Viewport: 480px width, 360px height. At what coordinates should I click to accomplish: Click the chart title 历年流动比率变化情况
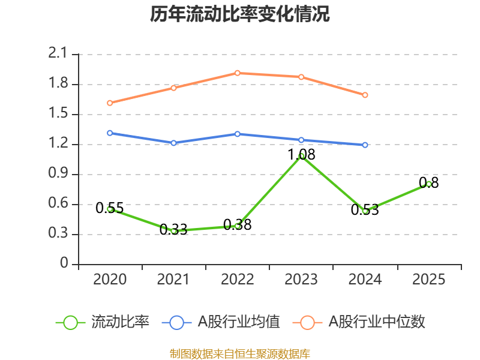coord(240,14)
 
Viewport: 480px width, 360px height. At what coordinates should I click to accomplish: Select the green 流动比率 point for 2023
coord(301,156)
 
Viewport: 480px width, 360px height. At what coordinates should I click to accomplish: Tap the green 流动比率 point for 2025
coord(429,184)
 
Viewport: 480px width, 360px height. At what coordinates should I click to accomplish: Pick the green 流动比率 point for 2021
coord(174,231)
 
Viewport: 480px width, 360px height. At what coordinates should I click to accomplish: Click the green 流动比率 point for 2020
coord(110,209)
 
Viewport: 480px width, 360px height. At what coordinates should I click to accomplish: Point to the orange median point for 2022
coord(238,73)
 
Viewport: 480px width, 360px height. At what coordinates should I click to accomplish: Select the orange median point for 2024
coord(365,95)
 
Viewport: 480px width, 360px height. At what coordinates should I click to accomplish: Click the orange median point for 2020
coord(110,103)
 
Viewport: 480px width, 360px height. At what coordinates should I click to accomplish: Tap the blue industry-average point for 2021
coord(174,143)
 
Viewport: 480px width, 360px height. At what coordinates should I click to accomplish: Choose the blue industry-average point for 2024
coord(365,145)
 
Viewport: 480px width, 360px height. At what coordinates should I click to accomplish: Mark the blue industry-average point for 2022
coord(238,134)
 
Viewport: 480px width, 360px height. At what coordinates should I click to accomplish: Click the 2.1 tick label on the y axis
coord(59,54)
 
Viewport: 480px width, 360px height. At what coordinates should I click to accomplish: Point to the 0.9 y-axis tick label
coord(59,174)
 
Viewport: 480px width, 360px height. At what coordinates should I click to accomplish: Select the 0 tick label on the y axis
coord(65,264)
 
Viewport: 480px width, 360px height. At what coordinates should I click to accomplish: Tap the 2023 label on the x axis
coord(301,279)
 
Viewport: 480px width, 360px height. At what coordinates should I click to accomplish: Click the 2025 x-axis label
coord(429,279)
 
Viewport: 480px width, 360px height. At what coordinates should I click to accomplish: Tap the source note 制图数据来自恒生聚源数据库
coord(240,353)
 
